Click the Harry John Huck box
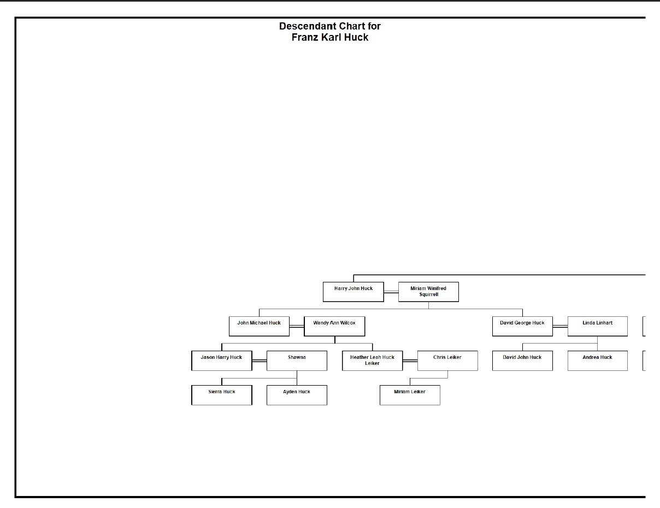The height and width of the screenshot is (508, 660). (x=353, y=292)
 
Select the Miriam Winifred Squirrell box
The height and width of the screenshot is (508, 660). (x=428, y=292)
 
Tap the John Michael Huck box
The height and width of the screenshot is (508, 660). (x=259, y=326)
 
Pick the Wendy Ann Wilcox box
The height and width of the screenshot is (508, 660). (x=334, y=326)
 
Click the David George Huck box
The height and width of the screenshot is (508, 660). (x=522, y=326)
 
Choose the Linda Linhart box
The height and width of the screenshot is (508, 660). (x=597, y=326)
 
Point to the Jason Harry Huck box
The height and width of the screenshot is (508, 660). (x=222, y=361)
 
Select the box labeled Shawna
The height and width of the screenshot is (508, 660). (x=297, y=361)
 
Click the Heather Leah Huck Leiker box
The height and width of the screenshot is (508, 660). (x=373, y=361)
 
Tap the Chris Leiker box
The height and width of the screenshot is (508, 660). (x=447, y=361)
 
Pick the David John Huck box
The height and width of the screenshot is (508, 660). (x=522, y=361)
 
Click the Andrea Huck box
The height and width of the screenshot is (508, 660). (x=597, y=361)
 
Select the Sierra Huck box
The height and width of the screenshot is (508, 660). (x=222, y=395)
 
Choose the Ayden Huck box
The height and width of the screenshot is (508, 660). (x=297, y=395)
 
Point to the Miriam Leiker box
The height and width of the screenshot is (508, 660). (x=410, y=395)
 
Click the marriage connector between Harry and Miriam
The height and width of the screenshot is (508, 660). (x=391, y=292)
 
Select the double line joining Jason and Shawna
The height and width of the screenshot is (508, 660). (x=260, y=361)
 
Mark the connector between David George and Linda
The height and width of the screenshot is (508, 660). (x=560, y=327)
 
